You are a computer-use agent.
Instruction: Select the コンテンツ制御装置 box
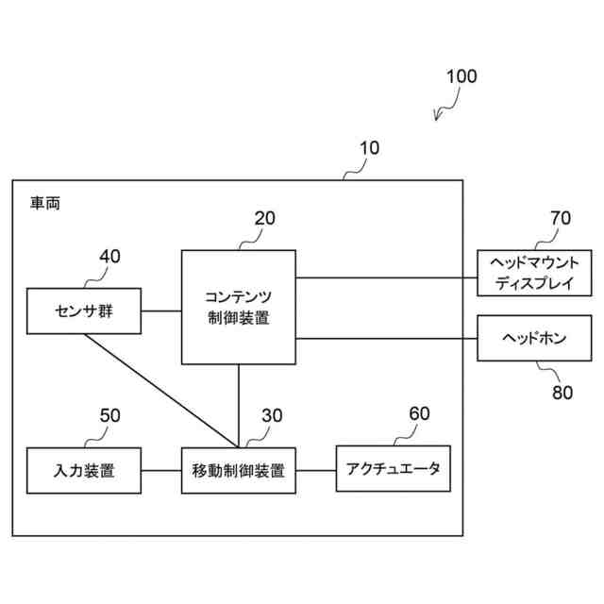238,306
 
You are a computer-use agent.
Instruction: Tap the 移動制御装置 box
238,468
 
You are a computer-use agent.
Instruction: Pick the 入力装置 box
84,468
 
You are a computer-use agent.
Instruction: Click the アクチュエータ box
393,468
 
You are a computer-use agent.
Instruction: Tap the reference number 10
369,148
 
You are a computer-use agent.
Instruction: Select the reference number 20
265,218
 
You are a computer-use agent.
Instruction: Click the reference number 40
110,256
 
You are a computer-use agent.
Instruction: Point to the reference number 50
110,414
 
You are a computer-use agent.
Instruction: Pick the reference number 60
419,414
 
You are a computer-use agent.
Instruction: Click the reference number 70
561,218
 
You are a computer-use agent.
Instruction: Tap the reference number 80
562,393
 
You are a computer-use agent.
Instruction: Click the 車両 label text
44,202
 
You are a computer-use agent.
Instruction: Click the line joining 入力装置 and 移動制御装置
160,468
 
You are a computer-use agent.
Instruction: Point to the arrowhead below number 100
437,118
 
